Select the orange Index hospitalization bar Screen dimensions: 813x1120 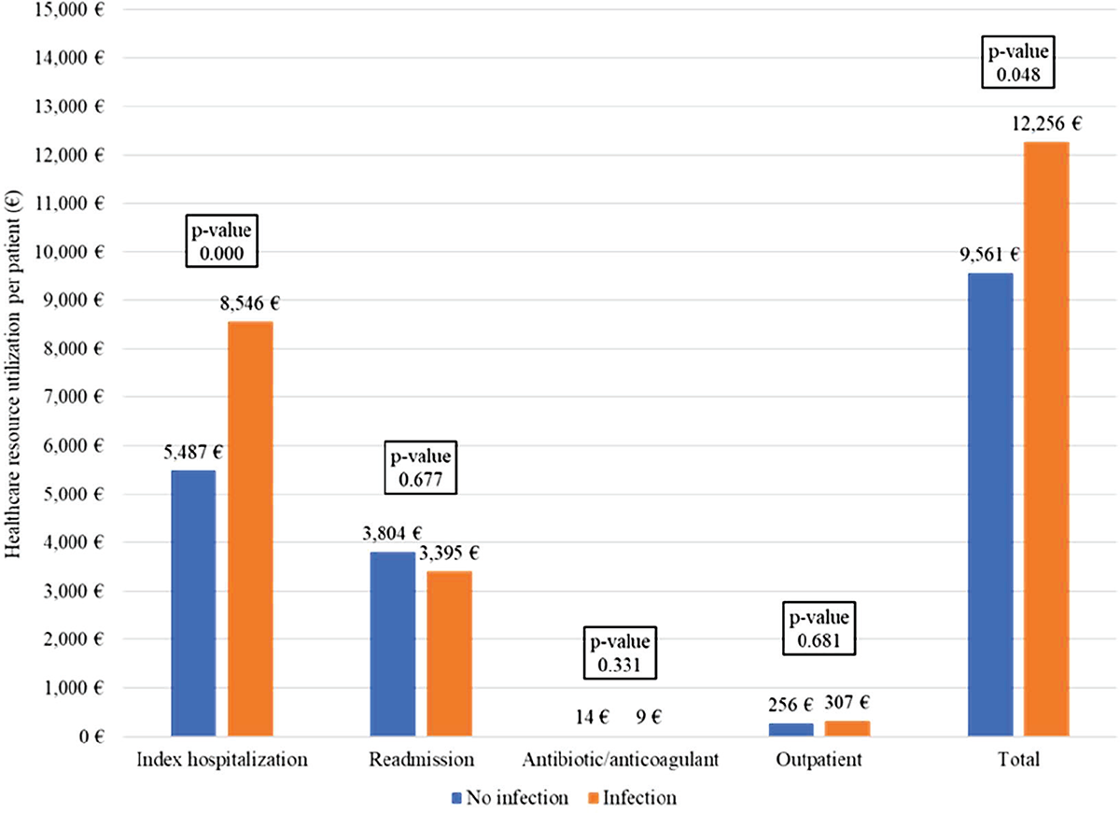tap(250, 529)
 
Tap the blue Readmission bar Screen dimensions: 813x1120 tap(393, 644)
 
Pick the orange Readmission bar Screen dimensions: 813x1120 tap(449, 653)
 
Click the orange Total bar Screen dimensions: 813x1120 tap(1046, 439)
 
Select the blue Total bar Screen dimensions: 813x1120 tap(990, 504)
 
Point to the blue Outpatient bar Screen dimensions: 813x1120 tap(791, 729)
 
